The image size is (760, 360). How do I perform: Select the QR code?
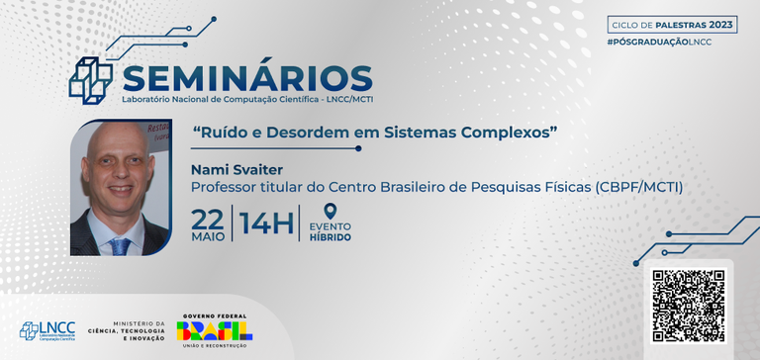689,303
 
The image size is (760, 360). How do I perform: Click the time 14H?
266,225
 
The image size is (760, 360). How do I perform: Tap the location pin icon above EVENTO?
331,211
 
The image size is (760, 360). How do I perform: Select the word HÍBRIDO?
331,237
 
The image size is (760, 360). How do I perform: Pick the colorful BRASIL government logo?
215,329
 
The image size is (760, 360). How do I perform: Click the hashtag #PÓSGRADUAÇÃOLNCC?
660,41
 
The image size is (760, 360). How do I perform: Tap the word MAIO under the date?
208,236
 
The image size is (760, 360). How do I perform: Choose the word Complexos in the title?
521,132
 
